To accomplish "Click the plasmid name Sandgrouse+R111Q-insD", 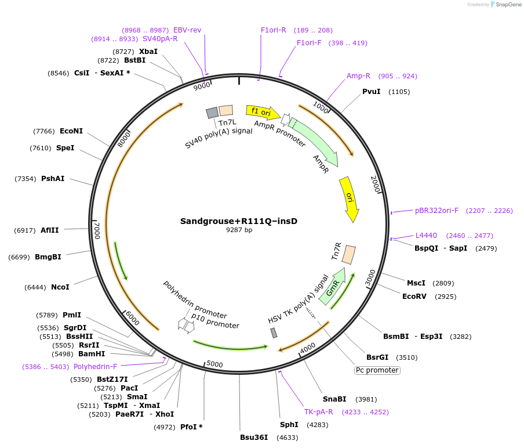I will [239, 221].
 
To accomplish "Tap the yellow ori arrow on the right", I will [349, 198].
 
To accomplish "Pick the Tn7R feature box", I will [348, 254].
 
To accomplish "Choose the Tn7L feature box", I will [226, 110].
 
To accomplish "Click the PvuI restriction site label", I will [371, 92].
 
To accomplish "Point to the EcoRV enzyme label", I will [414, 296].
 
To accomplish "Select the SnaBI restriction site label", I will [334, 399].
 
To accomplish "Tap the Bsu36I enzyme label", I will [254, 438].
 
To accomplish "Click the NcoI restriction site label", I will [60, 287].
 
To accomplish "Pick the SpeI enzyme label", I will [65, 148].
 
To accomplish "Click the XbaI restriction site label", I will [148, 51].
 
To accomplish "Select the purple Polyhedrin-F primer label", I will [95, 367].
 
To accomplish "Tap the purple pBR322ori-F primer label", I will [436, 210].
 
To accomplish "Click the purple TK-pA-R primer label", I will [319, 412].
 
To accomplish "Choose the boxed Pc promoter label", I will [377, 370].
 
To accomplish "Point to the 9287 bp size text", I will [239, 230].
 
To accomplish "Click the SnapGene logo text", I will [508, 5].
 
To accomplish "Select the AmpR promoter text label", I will [279, 133].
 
